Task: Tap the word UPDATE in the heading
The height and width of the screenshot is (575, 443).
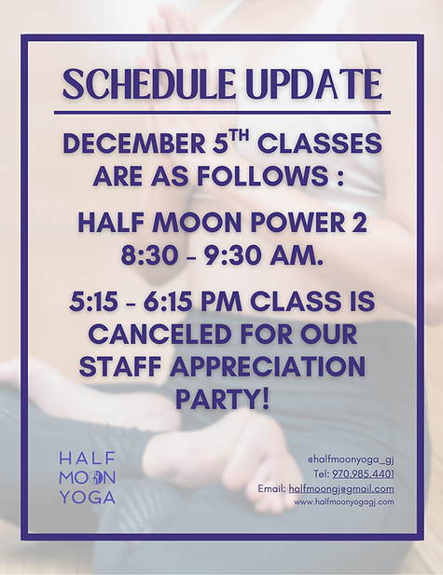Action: (x=300, y=84)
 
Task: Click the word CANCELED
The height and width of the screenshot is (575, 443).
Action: (x=160, y=332)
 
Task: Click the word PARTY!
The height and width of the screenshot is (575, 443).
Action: (x=222, y=396)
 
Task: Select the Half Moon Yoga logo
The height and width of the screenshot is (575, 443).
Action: (x=87, y=476)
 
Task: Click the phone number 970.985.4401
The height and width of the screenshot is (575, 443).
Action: (x=363, y=474)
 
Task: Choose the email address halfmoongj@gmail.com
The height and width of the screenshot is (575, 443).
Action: (x=341, y=488)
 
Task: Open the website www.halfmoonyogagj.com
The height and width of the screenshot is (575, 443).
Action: (x=343, y=501)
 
